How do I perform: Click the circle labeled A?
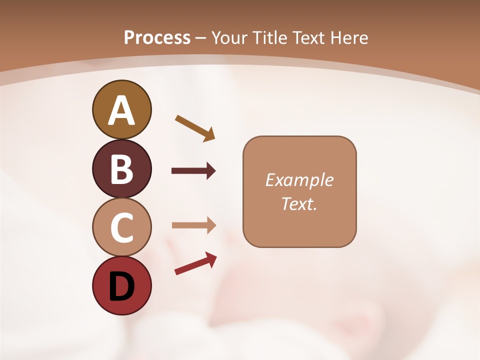tap(121, 109)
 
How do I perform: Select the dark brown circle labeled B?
tap(121, 168)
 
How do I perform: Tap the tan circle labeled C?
tap(121, 227)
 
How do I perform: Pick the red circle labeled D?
tap(121, 285)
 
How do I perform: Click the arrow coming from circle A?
tap(195, 127)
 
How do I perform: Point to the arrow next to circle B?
tap(193, 171)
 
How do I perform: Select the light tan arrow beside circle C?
tap(193, 225)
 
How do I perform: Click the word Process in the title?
tap(157, 37)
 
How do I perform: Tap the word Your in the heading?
tap(230, 37)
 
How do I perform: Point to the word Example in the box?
tap(299, 180)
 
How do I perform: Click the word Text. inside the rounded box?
tap(299, 203)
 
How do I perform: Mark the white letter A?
tap(121, 110)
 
